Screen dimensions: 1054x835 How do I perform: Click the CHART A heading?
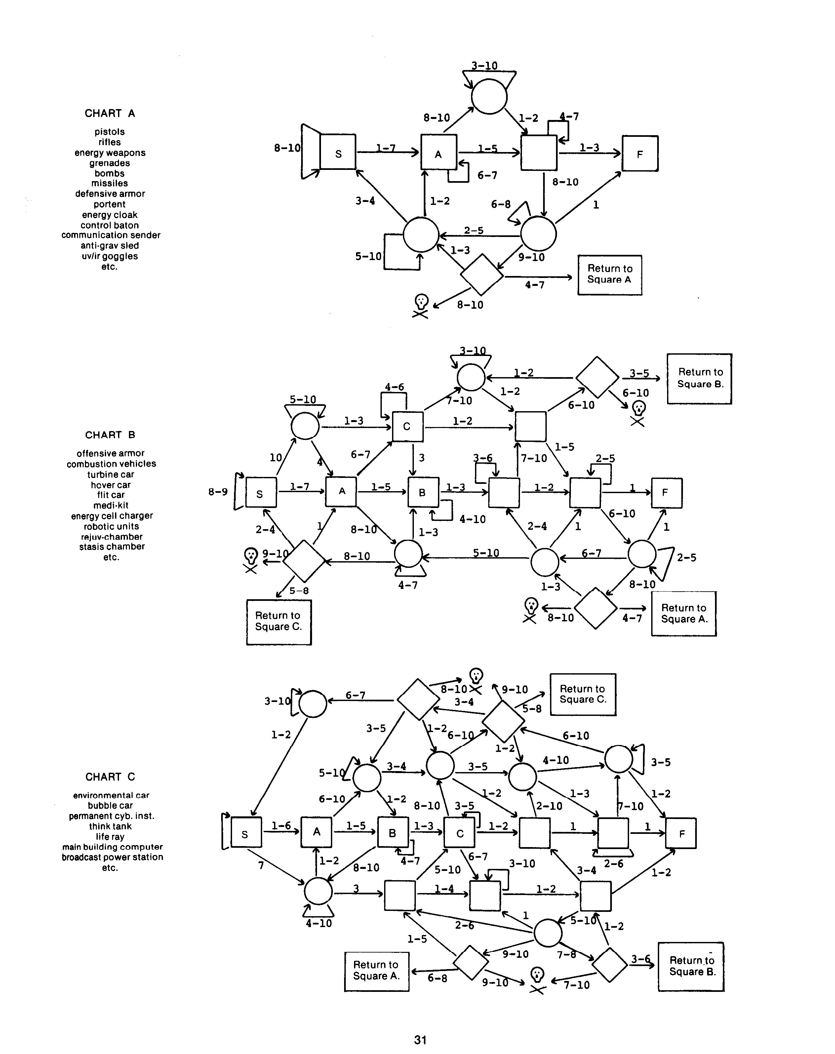pyautogui.click(x=109, y=113)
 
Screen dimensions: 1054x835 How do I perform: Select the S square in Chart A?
pyautogui.click(x=338, y=152)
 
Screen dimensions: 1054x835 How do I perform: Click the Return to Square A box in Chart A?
pyautogui.click(x=610, y=275)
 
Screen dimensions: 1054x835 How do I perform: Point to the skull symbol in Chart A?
pyautogui.click(x=421, y=305)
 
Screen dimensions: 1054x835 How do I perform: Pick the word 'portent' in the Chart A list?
pyautogui.click(x=109, y=204)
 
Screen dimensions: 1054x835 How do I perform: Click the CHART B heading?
pyautogui.click(x=110, y=435)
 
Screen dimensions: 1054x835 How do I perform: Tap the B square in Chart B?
pyautogui.click(x=422, y=493)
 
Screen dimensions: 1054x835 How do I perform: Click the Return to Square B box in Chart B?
pyautogui.click(x=699, y=378)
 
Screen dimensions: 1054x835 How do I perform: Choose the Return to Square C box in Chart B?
pyautogui.click(x=279, y=622)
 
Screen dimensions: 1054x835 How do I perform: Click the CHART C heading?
pyautogui.click(x=110, y=777)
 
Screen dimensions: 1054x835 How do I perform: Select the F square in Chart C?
pyautogui.click(x=681, y=834)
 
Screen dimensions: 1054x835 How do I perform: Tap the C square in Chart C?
pyautogui.click(x=459, y=834)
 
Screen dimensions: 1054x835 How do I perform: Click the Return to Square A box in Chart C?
pyautogui.click(x=377, y=971)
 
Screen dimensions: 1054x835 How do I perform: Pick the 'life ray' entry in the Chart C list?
pyautogui.click(x=110, y=837)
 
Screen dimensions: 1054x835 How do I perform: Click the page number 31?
pyautogui.click(x=420, y=1039)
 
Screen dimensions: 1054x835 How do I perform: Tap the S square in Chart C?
pyautogui.click(x=245, y=834)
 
